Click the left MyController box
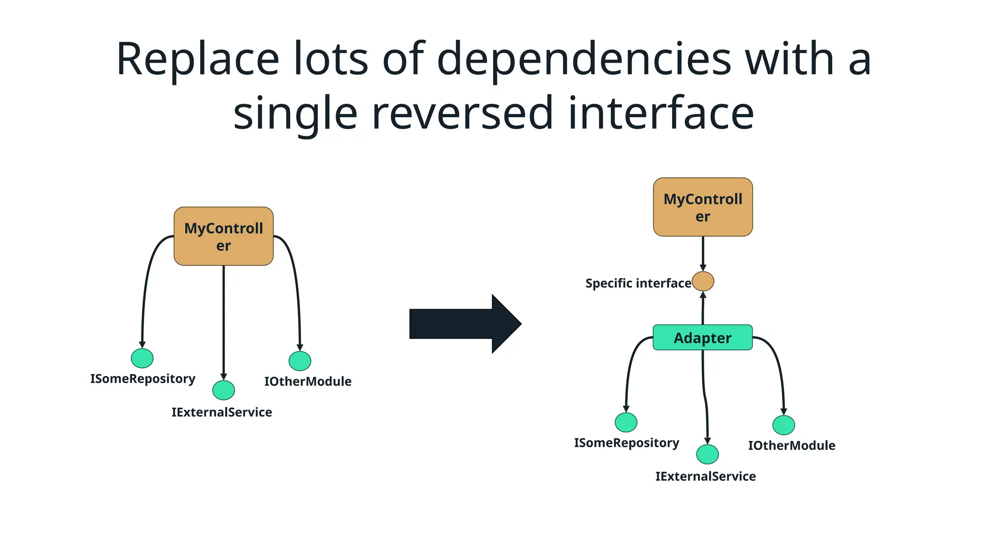tap(223, 236)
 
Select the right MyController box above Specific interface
tap(702, 207)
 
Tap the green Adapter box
tap(702, 337)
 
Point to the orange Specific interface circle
tap(703, 281)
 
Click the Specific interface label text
tap(638, 283)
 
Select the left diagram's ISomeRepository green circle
tap(142, 358)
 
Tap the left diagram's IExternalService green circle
tap(223, 390)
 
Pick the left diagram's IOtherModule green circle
tap(300, 361)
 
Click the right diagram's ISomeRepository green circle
tap(626, 422)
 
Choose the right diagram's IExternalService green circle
tap(707, 454)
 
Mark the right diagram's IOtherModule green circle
tap(783, 425)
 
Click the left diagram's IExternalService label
tap(222, 412)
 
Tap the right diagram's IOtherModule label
tap(792, 445)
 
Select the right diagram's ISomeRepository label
tap(626, 443)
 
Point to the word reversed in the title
tap(462, 113)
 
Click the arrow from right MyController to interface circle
tap(703, 253)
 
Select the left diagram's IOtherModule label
tap(308, 381)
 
